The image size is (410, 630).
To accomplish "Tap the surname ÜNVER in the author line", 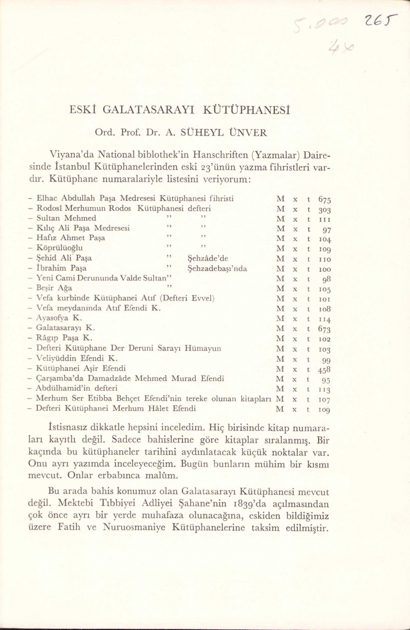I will [248, 133].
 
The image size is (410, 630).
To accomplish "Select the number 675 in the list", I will [324, 199].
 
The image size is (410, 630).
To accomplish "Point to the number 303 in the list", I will [324, 210].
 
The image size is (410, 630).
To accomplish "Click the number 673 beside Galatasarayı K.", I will [324, 329].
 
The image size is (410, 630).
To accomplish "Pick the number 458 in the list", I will [324, 370].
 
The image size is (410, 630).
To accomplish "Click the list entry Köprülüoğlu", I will [60, 248].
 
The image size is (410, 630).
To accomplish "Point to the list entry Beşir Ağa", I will [54, 288].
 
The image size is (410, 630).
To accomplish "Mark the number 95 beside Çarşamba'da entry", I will [326, 380].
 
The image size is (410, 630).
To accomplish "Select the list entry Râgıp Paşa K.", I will [64, 338].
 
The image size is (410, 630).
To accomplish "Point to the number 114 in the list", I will [324, 319].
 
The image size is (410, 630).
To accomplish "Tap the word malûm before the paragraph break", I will [162, 476].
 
